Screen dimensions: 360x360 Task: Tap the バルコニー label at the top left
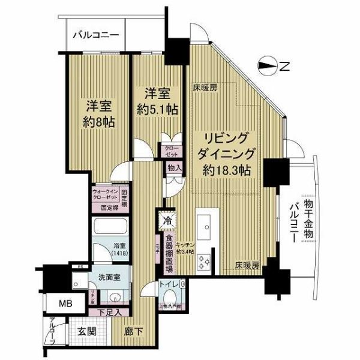coord(96,35)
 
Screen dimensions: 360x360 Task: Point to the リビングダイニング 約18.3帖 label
coord(227,152)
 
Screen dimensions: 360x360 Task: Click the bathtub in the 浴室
coord(110,227)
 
